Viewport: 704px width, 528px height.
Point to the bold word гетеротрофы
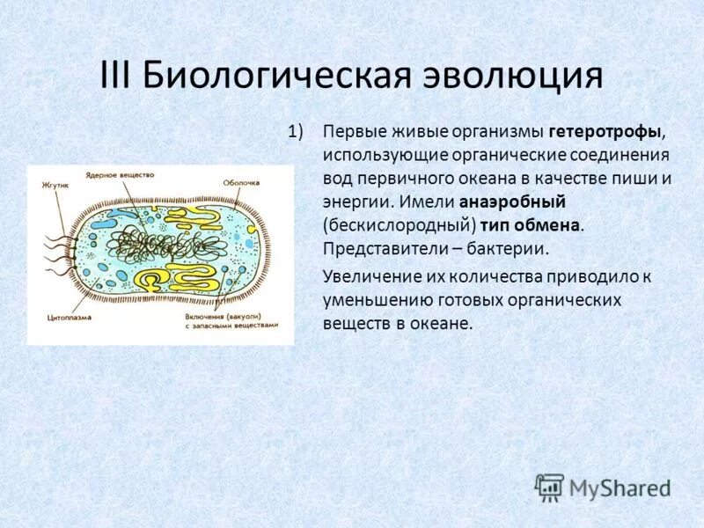coord(605,132)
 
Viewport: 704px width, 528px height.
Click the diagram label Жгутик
coord(55,186)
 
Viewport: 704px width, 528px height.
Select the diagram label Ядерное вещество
coord(121,174)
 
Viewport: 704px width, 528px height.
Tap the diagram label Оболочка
coord(240,182)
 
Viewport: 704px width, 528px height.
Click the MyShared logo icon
coord(549,487)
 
